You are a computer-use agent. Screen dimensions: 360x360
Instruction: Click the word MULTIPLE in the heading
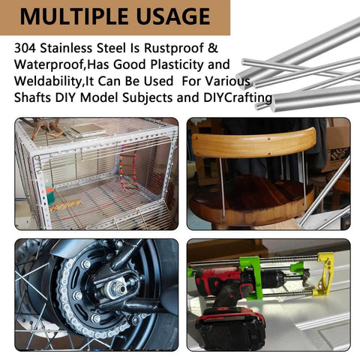tap(74, 16)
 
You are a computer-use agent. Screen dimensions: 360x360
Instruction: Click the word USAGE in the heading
tap(173, 16)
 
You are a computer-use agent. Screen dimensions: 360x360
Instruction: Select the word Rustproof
tap(174, 49)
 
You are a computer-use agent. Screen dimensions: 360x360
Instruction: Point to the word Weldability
tap(48, 82)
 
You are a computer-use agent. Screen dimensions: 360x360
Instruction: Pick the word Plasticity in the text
tap(177, 65)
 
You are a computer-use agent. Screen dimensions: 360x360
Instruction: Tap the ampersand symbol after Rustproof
tap(213, 48)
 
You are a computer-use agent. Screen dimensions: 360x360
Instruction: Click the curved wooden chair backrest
tap(253, 143)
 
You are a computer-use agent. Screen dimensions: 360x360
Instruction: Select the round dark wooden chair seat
tap(251, 197)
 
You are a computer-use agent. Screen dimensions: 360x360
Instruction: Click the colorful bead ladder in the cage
tap(128, 169)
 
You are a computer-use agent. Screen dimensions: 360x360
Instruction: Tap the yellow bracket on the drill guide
tap(324, 274)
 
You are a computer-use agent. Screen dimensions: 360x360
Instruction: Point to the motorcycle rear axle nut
tap(122, 289)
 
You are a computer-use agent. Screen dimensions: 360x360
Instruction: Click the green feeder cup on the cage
tap(51, 194)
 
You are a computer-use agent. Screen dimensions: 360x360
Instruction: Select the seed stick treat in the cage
tap(65, 205)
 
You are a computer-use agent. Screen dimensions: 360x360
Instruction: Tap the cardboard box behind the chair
tap(336, 150)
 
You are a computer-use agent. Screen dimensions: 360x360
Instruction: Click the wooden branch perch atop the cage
tap(47, 128)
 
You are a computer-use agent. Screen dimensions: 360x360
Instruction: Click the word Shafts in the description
tap(32, 97)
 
